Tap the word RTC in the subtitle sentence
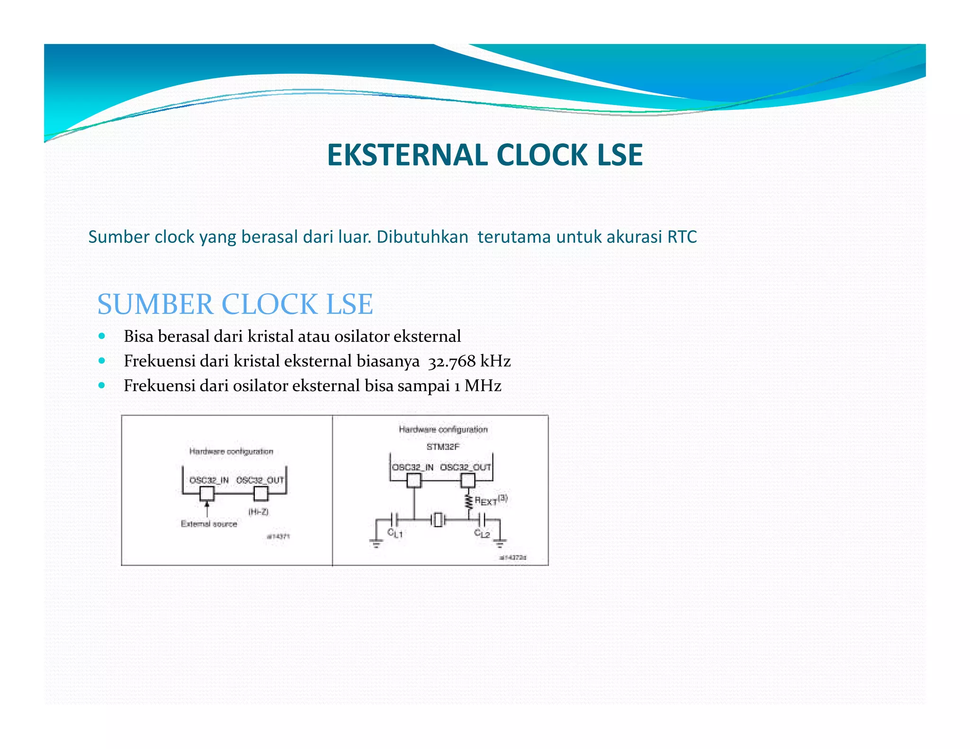click(682, 237)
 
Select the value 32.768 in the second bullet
click(452, 362)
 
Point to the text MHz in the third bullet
click(483, 386)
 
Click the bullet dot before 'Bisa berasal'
click(102, 336)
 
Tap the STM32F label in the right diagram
click(443, 446)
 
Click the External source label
click(209, 524)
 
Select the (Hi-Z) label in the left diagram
click(259, 512)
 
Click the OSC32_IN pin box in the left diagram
click(207, 494)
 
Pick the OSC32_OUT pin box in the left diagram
click(261, 494)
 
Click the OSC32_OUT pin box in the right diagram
click(468, 481)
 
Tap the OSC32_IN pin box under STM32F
click(414, 481)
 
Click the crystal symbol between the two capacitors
click(439, 520)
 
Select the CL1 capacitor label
click(395, 534)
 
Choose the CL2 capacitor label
click(482, 534)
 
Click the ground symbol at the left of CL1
click(376, 543)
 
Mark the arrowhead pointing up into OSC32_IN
click(207, 504)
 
